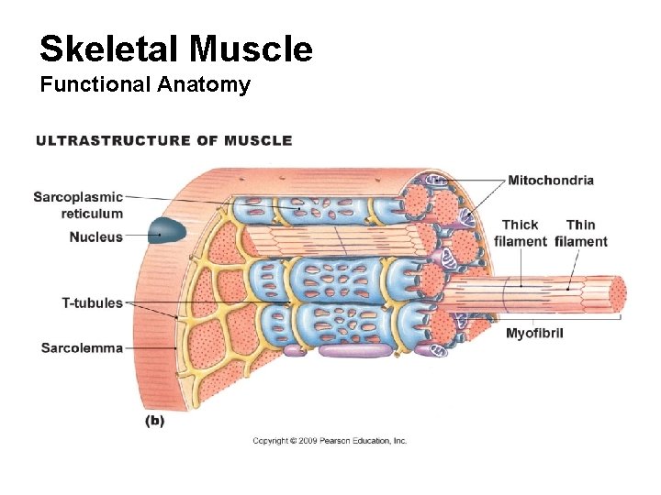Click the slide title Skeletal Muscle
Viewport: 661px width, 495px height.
click(176, 49)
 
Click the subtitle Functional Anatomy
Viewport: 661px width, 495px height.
click(144, 85)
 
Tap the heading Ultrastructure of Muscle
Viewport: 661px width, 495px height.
click(163, 140)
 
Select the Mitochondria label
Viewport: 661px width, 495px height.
click(551, 181)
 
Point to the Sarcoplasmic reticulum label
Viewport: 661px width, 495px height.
click(78, 204)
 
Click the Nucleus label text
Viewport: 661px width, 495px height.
click(96, 237)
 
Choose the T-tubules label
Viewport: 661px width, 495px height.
click(92, 302)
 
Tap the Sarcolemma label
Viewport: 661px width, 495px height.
click(82, 348)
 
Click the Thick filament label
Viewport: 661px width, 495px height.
click(520, 233)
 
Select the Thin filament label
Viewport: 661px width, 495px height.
click(581, 233)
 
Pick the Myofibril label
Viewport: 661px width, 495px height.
click(534, 333)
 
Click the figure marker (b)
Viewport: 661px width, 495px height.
click(154, 421)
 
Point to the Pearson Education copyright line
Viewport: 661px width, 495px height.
click(330, 441)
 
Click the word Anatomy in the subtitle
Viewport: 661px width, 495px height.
click(205, 85)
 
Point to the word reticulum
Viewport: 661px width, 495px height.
click(92, 214)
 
